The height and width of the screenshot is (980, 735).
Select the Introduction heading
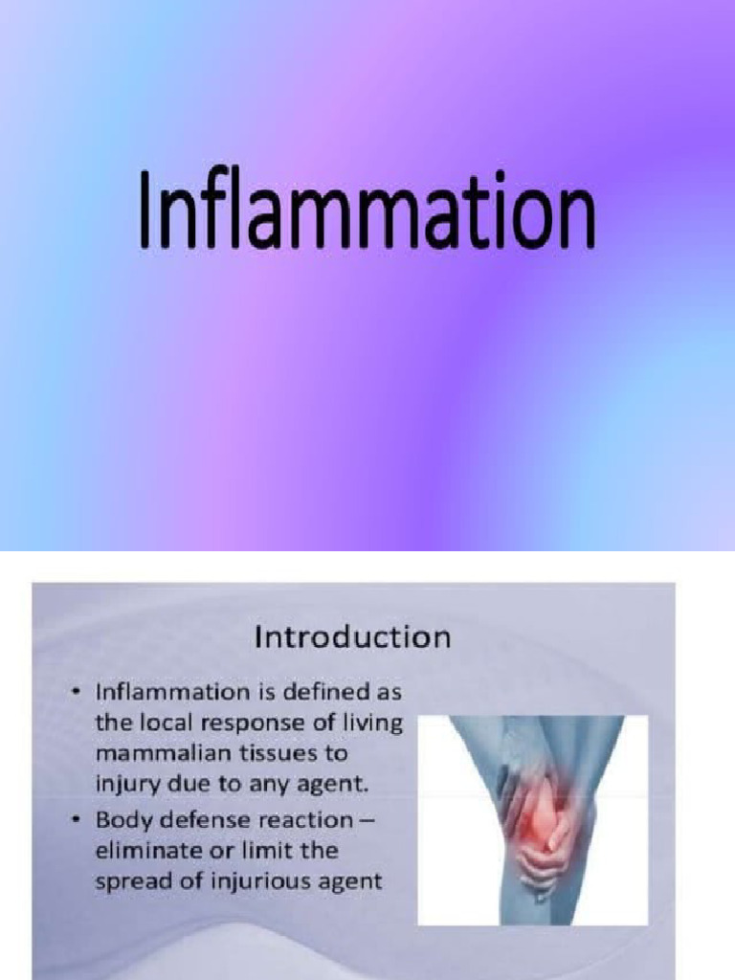351,637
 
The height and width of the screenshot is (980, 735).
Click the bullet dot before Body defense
76,820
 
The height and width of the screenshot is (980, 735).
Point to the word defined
316,691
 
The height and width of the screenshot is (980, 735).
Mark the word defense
200,820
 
